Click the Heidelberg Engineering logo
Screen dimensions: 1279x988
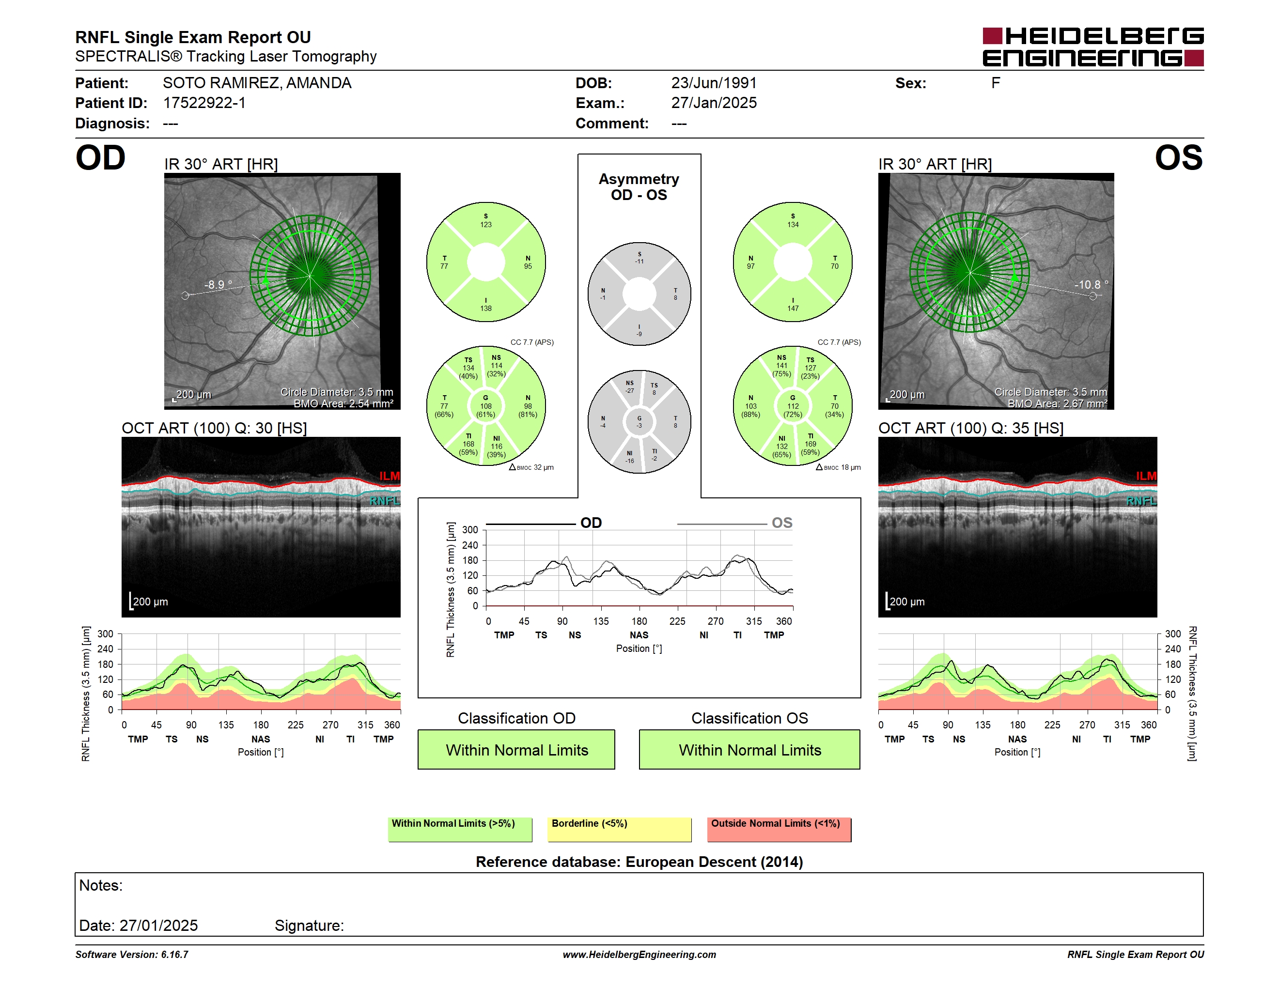[1093, 47]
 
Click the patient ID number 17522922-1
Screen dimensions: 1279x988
[204, 103]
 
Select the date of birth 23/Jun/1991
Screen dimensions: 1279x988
[714, 83]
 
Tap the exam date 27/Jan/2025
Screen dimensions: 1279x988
[714, 103]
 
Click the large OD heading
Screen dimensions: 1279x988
[101, 158]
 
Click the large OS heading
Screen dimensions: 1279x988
[1179, 158]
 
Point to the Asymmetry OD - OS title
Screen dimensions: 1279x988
[639, 187]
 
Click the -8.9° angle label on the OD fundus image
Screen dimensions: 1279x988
[218, 284]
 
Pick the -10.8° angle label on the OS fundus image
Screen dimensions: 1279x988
[1091, 284]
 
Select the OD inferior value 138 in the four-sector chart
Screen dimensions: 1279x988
[486, 309]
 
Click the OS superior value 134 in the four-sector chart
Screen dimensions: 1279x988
[793, 225]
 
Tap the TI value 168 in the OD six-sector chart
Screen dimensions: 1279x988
[468, 444]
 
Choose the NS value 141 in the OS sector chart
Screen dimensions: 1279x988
[782, 366]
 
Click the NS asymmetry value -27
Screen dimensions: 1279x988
[629, 391]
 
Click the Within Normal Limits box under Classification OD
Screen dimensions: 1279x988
[516, 750]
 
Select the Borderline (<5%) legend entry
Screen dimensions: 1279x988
[620, 829]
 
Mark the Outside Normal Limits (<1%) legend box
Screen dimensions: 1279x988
[780, 829]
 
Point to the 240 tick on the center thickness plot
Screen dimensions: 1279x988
[470, 545]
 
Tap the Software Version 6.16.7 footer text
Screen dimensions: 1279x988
[132, 955]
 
